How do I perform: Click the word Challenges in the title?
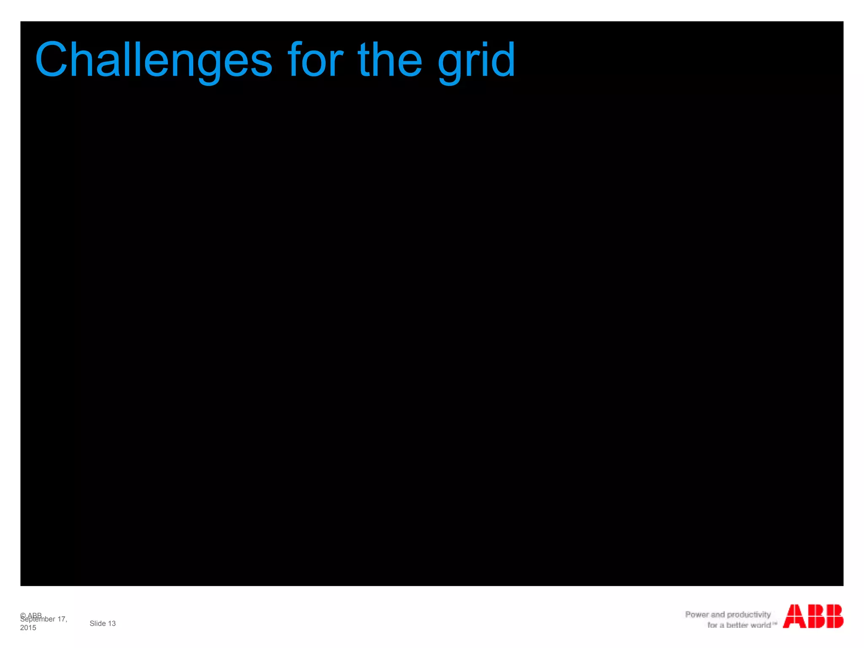point(154,60)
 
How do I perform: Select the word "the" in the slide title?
point(390,60)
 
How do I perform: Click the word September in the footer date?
point(38,619)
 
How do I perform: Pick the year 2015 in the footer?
point(28,628)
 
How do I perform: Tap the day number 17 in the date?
point(62,619)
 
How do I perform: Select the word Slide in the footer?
point(97,624)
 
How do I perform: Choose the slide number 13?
point(112,624)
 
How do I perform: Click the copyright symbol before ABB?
point(23,615)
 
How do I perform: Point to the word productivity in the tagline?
point(749,615)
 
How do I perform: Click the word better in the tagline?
point(737,625)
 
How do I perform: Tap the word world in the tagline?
point(759,625)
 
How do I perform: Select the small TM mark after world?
point(775,623)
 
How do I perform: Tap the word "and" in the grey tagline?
point(718,615)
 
